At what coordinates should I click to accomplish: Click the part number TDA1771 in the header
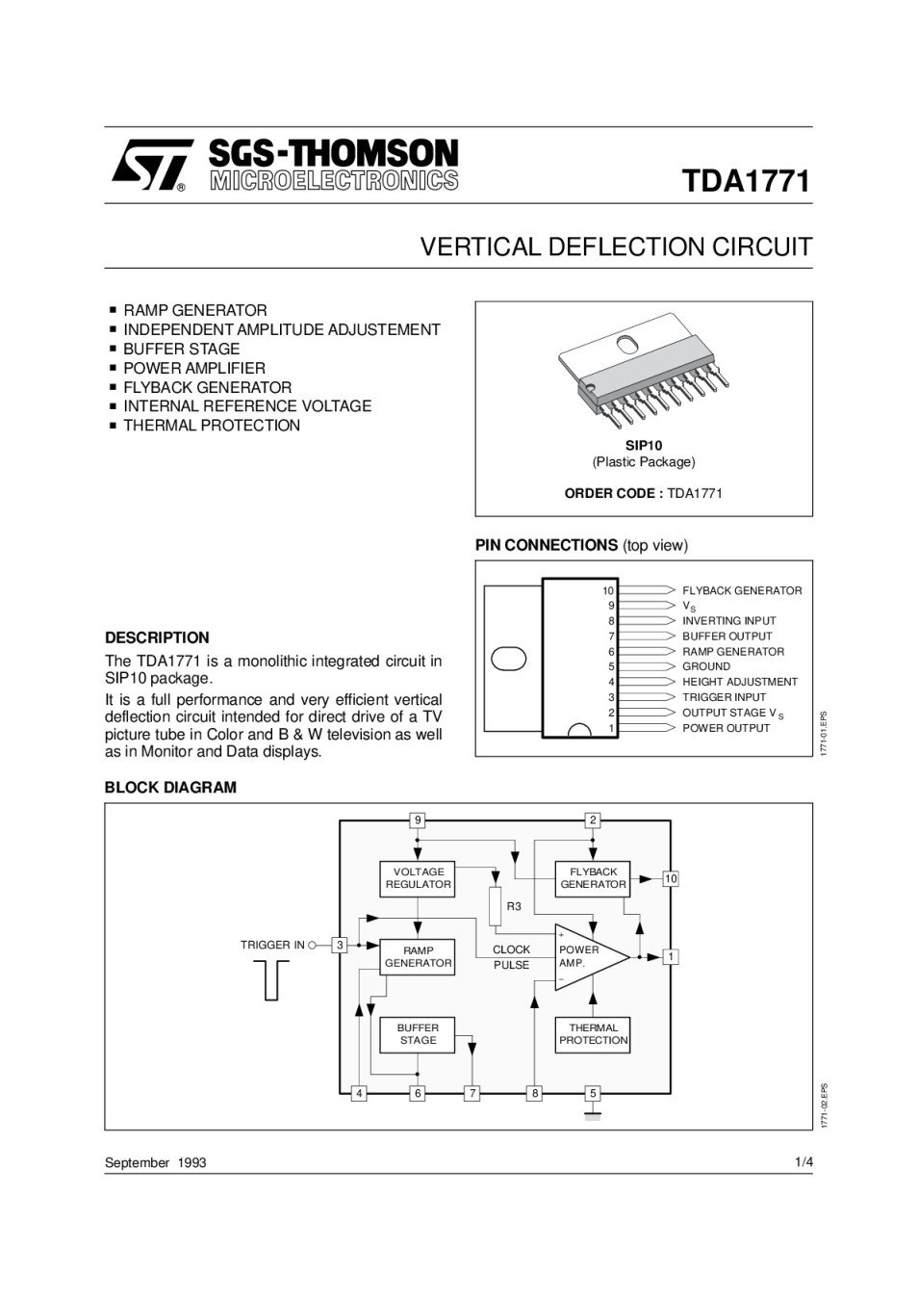tap(746, 181)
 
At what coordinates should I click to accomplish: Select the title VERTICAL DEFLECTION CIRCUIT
tap(616, 247)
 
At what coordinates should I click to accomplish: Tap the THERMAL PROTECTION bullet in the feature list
tap(211, 426)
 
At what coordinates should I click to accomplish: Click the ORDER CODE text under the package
tap(643, 494)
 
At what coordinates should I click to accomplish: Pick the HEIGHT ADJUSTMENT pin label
tap(739, 682)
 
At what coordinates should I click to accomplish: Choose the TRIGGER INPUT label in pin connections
tap(724, 697)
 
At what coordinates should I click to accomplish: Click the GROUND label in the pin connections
tap(706, 666)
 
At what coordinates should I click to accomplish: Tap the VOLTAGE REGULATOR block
tap(418, 878)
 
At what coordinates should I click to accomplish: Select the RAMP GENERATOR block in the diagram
tap(418, 956)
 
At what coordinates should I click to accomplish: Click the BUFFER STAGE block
tap(418, 1034)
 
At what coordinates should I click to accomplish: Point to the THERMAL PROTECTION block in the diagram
tap(593, 1034)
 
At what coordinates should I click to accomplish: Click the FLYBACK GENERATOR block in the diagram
tap(593, 878)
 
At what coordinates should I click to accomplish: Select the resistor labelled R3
tap(496, 906)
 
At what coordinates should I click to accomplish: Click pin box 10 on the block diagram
tap(671, 879)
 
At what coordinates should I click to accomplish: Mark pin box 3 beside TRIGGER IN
tap(339, 946)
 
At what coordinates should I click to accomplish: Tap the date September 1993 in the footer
tap(155, 1162)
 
